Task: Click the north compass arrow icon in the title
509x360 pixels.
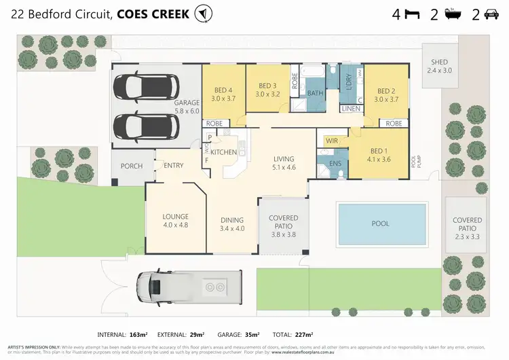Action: (x=202, y=13)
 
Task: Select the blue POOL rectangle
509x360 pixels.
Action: (x=382, y=223)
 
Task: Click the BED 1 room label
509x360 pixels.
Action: (x=380, y=152)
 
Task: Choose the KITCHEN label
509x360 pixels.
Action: (x=223, y=152)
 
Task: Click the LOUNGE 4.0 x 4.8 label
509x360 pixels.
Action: (x=174, y=220)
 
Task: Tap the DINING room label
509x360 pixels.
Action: (x=232, y=224)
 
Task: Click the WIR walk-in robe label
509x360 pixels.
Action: (x=332, y=141)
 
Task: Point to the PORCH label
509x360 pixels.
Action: (x=131, y=166)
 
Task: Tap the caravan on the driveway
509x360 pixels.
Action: (x=191, y=287)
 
